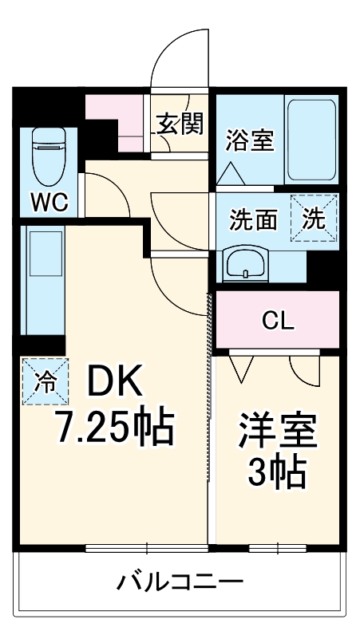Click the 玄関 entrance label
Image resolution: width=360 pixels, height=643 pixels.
[x=180, y=124]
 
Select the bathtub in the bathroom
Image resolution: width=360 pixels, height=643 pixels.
[x=311, y=140]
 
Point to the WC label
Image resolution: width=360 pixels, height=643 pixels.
[x=48, y=202]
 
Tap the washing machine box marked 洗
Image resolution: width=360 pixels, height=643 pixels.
[x=315, y=219]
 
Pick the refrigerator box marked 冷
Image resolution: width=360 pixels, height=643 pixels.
[x=45, y=381]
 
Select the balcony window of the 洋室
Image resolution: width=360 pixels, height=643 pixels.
[x=277, y=548]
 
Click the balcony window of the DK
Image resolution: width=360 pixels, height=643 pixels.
[x=148, y=548]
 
